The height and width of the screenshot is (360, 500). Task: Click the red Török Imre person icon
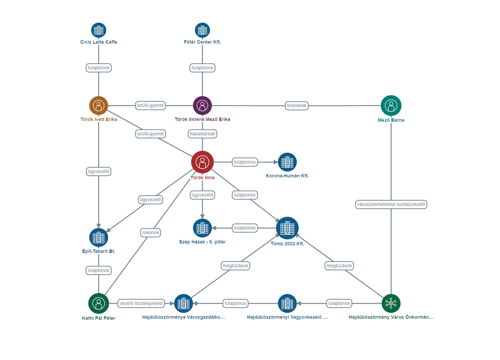click(202, 162)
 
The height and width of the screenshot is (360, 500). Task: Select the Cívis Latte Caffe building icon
click(99, 30)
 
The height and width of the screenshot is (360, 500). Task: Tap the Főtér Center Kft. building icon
click(202, 30)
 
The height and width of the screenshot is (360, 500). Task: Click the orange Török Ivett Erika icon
click(99, 106)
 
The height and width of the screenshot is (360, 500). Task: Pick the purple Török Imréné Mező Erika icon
click(202, 106)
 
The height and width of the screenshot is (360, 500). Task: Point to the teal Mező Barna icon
click(391, 106)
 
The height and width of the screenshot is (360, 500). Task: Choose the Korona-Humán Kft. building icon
click(287, 162)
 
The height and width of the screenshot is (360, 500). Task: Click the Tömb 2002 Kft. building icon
click(287, 228)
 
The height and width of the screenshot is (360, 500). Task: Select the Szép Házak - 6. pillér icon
click(202, 228)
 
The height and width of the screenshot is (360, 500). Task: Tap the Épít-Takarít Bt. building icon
click(99, 237)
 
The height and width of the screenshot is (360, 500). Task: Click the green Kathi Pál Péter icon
click(99, 303)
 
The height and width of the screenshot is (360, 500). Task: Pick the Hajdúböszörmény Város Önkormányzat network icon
click(391, 303)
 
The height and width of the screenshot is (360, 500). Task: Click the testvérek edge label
click(297, 106)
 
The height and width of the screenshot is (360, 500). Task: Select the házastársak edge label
click(202, 134)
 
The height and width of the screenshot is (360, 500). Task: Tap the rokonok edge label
click(150, 233)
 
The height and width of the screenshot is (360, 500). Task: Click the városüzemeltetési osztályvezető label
click(391, 204)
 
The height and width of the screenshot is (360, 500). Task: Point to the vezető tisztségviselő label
click(141, 303)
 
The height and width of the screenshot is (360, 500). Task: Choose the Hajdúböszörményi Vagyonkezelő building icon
click(287, 303)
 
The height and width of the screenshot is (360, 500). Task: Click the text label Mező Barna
click(391, 120)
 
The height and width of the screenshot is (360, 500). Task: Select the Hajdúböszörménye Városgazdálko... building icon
click(183, 303)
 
